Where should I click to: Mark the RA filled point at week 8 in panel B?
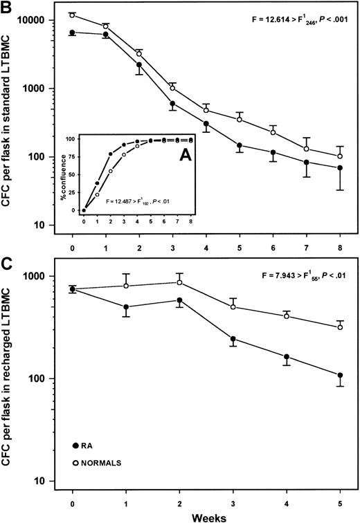(340, 167)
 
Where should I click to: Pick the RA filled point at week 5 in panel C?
(340, 376)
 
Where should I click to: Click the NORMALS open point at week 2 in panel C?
(179, 282)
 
